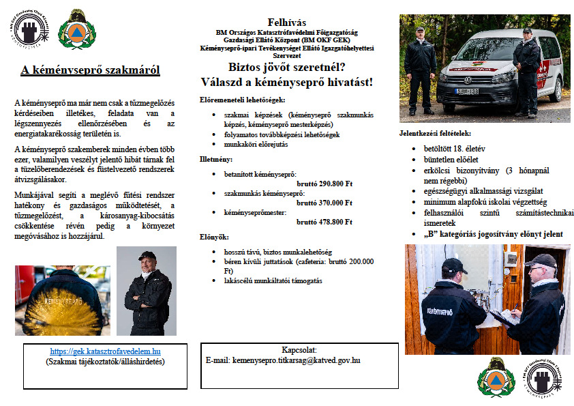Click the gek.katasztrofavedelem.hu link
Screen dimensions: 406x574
[x=105, y=351]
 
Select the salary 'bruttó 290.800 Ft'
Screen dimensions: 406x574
[x=324, y=184]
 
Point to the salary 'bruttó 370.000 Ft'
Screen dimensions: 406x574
[x=324, y=203]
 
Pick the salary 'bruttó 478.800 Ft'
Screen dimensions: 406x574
[x=324, y=222]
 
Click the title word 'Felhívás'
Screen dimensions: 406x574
[x=287, y=22]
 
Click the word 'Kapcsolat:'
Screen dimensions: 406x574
[x=295, y=350]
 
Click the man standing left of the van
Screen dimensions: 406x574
[x=419, y=68]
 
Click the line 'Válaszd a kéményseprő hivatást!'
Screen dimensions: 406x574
[x=286, y=82]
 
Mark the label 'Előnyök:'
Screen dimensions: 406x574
[x=213, y=237]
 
